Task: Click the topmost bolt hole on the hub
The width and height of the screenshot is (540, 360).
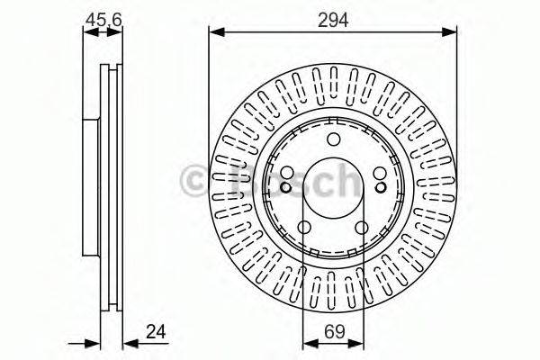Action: click(x=333, y=139)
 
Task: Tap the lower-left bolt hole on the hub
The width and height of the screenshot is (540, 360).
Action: click(x=304, y=229)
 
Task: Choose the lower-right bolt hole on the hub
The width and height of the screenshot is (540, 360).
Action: click(x=362, y=229)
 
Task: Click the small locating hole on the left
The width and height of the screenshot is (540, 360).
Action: click(x=285, y=187)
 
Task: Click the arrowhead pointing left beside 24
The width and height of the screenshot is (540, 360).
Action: click(x=127, y=341)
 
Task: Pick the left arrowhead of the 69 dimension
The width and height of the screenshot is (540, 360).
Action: click(x=307, y=341)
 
